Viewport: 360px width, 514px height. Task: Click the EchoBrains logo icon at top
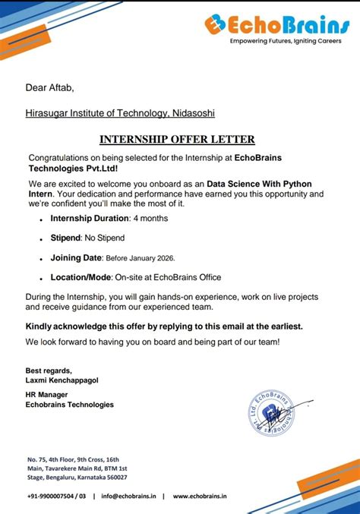pos(214,24)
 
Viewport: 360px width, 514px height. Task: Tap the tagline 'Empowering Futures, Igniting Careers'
pos(282,41)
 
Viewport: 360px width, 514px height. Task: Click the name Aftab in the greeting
pos(62,89)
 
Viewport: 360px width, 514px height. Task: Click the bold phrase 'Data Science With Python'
pos(259,184)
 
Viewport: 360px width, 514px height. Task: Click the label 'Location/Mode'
pos(81,277)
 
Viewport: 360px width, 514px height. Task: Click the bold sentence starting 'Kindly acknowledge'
pos(164,326)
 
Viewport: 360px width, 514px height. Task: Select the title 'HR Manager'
pos(47,395)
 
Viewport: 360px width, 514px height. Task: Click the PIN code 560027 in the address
pos(112,478)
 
